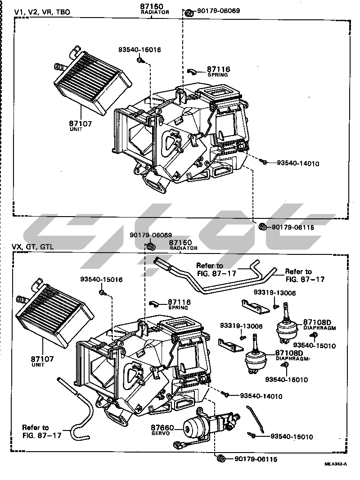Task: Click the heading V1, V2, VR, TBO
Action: coord(42,12)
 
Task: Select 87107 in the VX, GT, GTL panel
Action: coord(42,359)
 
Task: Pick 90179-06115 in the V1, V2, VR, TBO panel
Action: coord(292,227)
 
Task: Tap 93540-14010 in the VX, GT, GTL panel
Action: coord(261,396)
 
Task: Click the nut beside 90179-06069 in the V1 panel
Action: coord(189,11)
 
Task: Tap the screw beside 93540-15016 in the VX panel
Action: coord(103,293)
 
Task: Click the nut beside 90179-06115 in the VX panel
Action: coord(221,459)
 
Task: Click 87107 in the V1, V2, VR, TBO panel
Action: coord(81,123)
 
